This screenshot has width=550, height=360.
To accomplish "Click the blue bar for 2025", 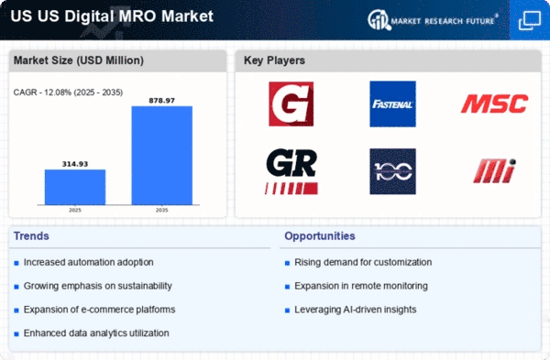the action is click(x=75, y=187).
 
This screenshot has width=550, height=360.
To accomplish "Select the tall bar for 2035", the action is click(x=161, y=156).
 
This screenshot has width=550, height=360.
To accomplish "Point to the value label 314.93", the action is click(x=75, y=164).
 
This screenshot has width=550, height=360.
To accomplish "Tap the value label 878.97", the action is click(x=161, y=101).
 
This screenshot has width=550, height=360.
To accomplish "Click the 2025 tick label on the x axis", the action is click(x=75, y=210).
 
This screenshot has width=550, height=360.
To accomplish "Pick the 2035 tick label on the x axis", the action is click(x=161, y=210).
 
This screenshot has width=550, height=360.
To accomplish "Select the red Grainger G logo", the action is click(x=291, y=104).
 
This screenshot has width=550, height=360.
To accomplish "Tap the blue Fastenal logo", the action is click(x=392, y=104).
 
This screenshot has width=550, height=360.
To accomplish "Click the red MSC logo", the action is click(x=494, y=104).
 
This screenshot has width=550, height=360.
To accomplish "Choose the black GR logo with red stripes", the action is click(x=291, y=171).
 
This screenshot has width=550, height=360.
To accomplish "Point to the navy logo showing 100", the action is click(x=392, y=171).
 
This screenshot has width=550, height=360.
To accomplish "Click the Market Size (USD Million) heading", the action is click(x=79, y=60).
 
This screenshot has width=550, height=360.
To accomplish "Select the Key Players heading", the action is click(x=274, y=60).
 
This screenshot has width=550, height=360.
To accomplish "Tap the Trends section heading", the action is click(x=31, y=236).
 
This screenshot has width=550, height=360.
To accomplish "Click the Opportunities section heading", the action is click(x=320, y=236).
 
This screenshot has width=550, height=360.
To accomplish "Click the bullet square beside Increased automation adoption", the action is click(x=16, y=263).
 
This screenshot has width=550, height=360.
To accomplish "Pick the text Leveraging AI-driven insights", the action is click(x=356, y=310).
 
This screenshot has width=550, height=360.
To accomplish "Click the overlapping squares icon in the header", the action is click(x=529, y=21).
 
